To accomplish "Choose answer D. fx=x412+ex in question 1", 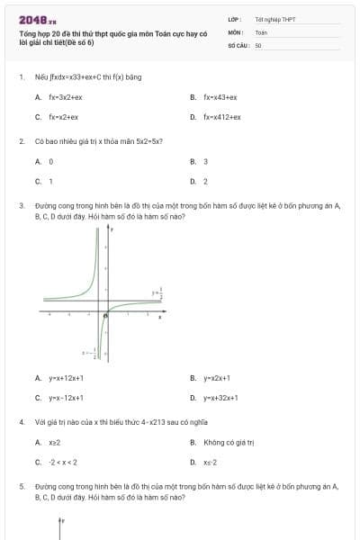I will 220,117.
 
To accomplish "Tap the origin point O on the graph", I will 106,315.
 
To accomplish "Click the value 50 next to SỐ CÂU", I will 258,44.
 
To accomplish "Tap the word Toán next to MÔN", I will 261,31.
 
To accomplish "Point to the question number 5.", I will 21,486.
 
